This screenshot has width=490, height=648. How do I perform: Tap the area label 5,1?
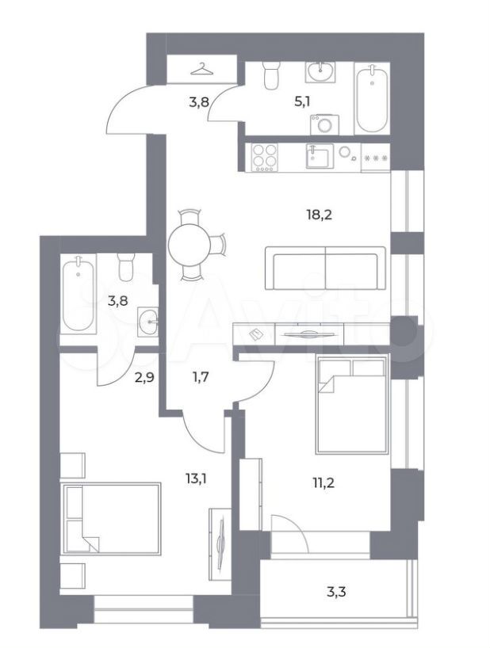pyautogui.click(x=302, y=101)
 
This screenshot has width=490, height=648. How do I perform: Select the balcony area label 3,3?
pyautogui.click(x=335, y=593)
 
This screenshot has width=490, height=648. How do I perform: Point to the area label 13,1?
pyautogui.click(x=196, y=478)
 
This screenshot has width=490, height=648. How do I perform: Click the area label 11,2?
pyautogui.click(x=323, y=482)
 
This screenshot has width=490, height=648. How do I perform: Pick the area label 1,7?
pyautogui.click(x=200, y=377)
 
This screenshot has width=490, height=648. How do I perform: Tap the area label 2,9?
pyautogui.click(x=144, y=377)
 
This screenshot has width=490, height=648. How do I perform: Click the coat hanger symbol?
pyautogui.click(x=202, y=69)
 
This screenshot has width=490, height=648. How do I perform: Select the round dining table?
pyautogui.click(x=189, y=245)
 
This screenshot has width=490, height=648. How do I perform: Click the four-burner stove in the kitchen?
pyautogui.click(x=265, y=158)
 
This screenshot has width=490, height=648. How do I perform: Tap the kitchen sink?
pyautogui.click(x=320, y=155)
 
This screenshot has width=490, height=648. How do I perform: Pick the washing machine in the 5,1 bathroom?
pyautogui.click(x=324, y=125)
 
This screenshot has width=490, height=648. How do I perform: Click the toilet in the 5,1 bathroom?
pyautogui.click(x=272, y=75)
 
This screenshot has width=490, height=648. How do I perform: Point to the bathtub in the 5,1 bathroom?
pyautogui.click(x=372, y=99)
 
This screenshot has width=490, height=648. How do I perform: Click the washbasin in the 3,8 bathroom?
pyautogui.click(x=147, y=322)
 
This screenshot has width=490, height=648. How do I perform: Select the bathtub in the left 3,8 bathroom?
pyautogui.click(x=78, y=293)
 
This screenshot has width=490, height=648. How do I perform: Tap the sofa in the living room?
pyautogui.click(x=325, y=269)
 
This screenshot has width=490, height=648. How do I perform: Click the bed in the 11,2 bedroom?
pyautogui.click(x=352, y=404)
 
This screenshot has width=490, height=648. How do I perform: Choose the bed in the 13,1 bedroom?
pyautogui.click(x=111, y=519)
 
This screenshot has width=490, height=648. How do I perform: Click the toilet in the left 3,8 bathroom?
pyautogui.click(x=126, y=267)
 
